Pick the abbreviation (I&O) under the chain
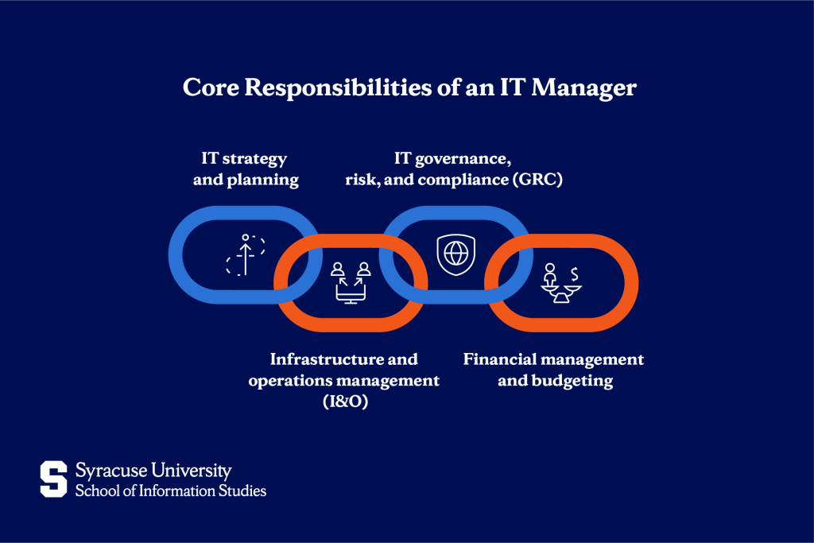click(x=343, y=402)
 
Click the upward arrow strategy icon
click(x=246, y=255)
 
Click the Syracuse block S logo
click(x=54, y=479)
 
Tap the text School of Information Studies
click(x=170, y=490)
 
